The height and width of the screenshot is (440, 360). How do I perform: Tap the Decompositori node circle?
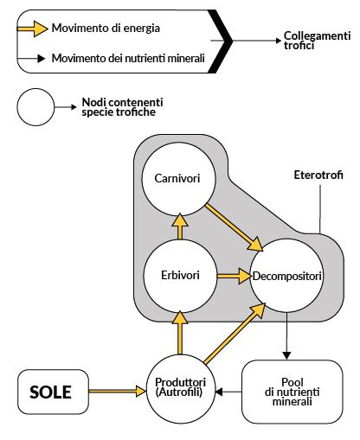[x=286, y=276]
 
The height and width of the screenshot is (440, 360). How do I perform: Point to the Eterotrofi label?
[x=318, y=175]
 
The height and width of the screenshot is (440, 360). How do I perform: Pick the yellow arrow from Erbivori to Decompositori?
[x=231, y=277]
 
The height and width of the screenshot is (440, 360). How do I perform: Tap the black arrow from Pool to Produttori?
[x=228, y=392]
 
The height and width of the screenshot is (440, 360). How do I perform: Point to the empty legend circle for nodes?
[x=35, y=107]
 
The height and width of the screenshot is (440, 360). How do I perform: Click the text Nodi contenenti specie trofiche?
[x=121, y=107]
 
